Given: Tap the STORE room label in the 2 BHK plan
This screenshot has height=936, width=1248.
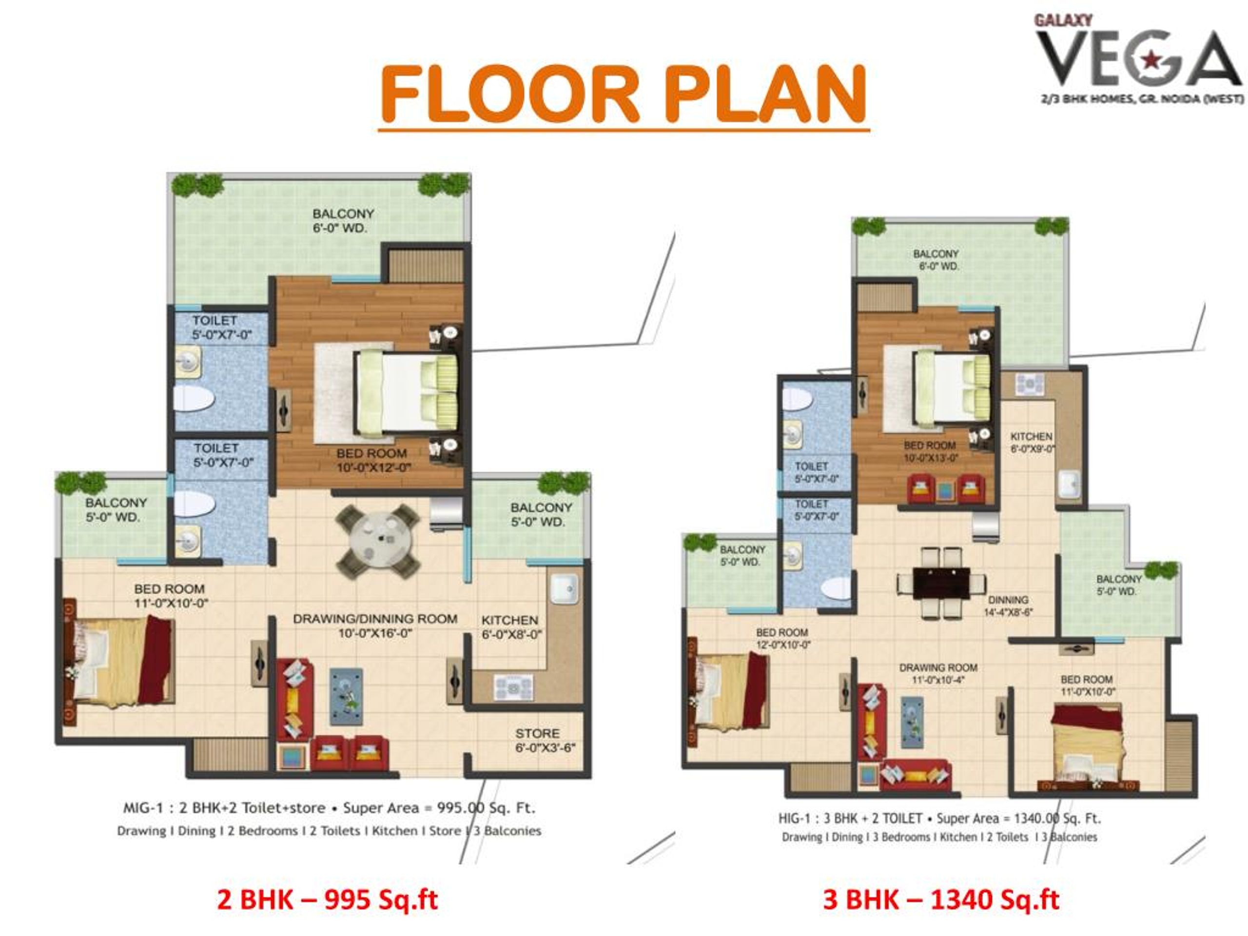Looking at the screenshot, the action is [545, 741].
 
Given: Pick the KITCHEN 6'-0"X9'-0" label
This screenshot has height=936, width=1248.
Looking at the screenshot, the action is [1032, 443].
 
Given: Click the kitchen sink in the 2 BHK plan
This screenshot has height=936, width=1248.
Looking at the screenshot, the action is [565, 588].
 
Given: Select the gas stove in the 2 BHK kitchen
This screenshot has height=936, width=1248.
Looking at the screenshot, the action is [513, 688].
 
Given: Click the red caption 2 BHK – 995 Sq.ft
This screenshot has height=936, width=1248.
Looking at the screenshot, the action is [327, 899].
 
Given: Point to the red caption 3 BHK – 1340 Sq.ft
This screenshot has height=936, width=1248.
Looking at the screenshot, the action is [941, 899].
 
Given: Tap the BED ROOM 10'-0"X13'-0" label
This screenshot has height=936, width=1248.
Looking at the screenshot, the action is [930, 451].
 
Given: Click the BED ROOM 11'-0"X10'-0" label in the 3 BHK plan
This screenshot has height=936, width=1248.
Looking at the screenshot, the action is [1087, 686].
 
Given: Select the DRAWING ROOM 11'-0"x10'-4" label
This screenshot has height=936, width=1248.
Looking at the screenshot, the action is [938, 674].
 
